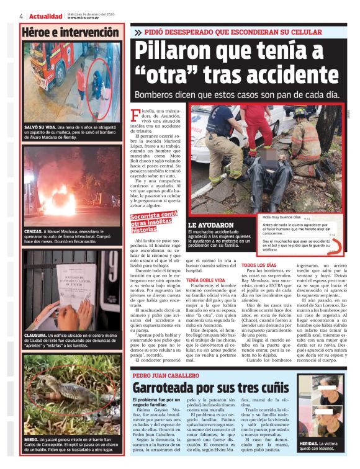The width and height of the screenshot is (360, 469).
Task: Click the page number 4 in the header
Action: click(x=20, y=16)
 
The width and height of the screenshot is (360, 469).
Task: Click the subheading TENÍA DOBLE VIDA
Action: click(x=207, y=280)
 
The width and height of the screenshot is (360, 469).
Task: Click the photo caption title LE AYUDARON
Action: click(x=211, y=225)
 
